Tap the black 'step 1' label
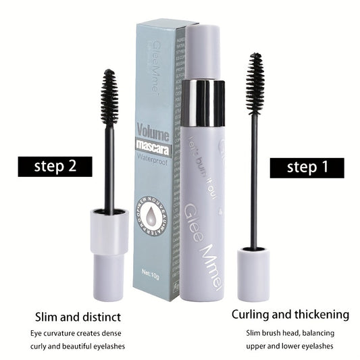[x=307, y=168]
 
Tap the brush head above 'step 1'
[x=255, y=84]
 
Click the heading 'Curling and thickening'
[x=290, y=314]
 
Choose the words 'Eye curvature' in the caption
[x=53, y=332]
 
